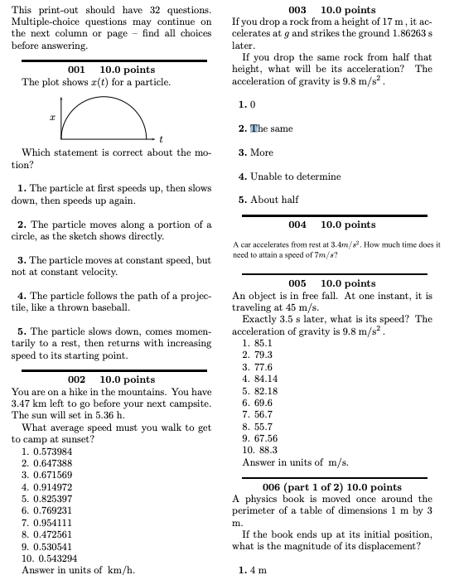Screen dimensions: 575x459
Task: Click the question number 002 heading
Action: tap(70, 379)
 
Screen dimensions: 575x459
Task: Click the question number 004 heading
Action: tap(297, 225)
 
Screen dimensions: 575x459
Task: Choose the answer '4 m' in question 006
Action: tap(258, 569)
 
